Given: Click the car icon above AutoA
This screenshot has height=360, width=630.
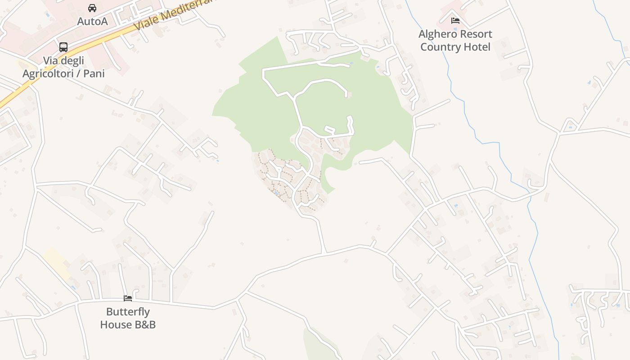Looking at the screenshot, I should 92,8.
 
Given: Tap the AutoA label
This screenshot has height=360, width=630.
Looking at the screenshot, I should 92,21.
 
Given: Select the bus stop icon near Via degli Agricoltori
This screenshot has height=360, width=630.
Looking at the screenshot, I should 63,47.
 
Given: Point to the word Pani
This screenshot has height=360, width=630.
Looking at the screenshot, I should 94,73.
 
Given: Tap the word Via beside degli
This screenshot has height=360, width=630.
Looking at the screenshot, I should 51,60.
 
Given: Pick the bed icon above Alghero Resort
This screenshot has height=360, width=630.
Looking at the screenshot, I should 455,20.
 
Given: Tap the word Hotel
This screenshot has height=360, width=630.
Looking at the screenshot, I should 478,47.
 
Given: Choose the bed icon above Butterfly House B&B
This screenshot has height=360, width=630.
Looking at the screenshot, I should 128,298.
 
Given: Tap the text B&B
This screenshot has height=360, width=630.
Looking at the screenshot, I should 144,324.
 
